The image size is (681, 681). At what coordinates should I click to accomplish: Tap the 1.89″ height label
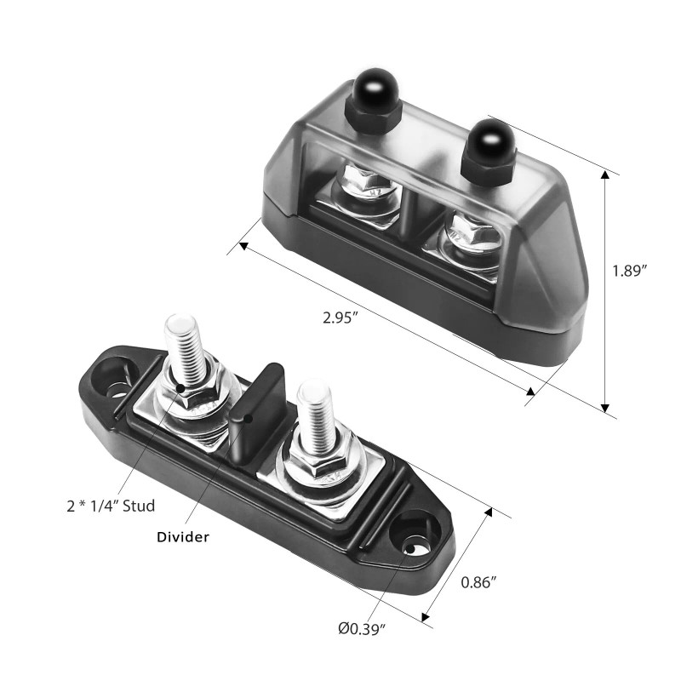click(631, 271)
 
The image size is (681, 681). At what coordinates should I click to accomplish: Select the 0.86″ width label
click(478, 583)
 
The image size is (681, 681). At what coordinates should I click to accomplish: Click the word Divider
click(184, 537)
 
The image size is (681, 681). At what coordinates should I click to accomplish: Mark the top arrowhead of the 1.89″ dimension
click(605, 175)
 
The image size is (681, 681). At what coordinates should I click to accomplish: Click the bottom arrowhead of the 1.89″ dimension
click(605, 407)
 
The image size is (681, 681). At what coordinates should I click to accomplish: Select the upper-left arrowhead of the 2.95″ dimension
click(244, 248)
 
